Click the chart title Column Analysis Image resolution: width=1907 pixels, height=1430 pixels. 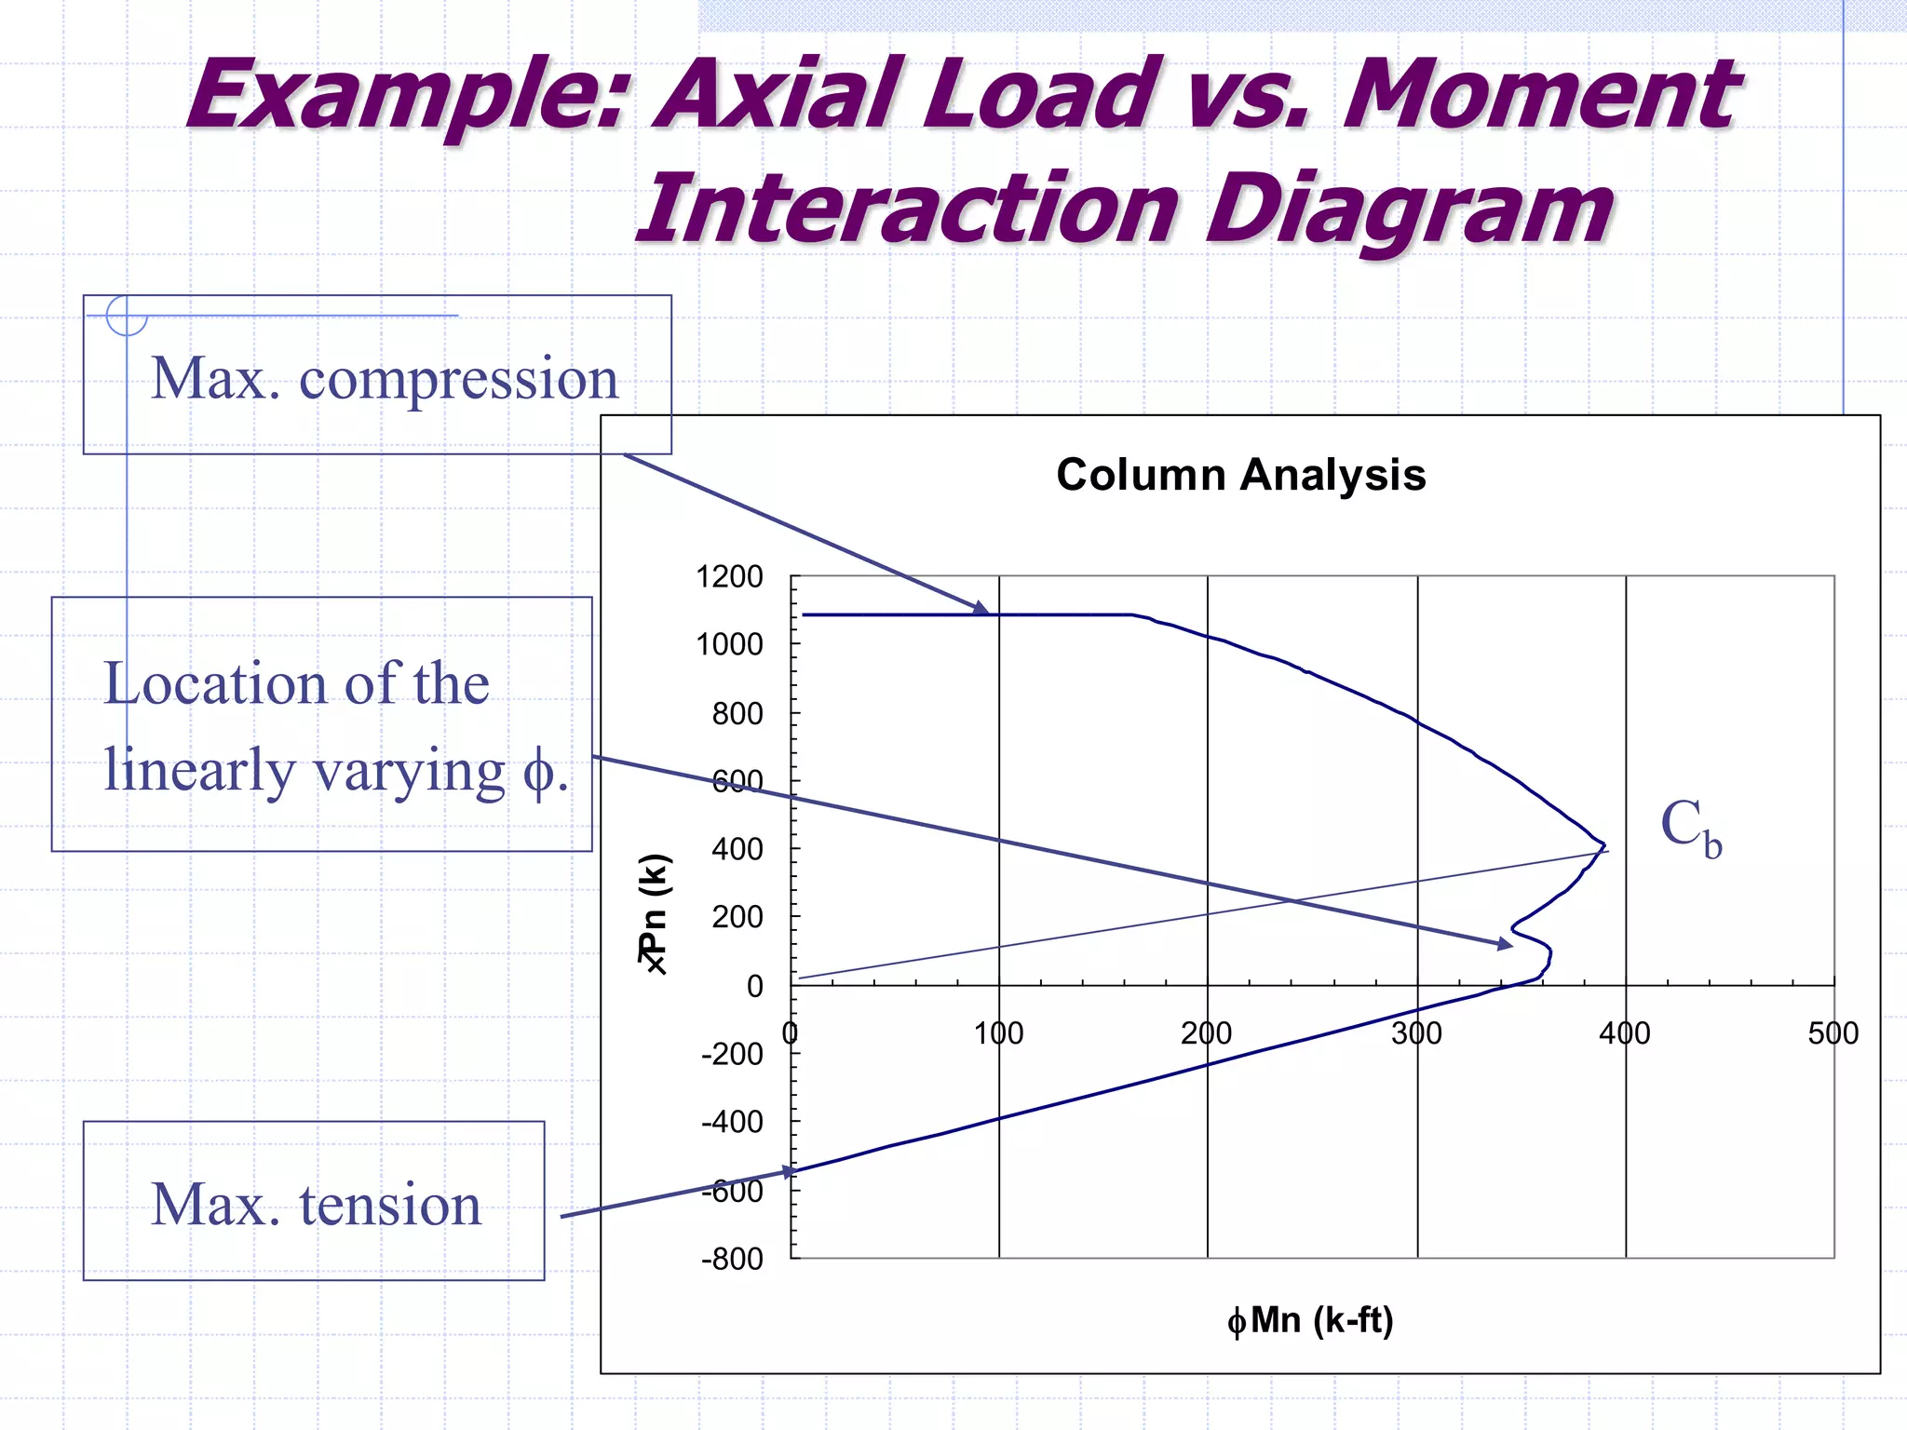click(x=1240, y=475)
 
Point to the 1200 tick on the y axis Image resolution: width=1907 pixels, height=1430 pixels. click(x=729, y=576)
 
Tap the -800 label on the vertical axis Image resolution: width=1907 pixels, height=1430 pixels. click(x=732, y=1259)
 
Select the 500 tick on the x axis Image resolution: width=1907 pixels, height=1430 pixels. click(x=1833, y=1033)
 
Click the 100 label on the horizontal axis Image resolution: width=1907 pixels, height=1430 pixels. click(x=998, y=1033)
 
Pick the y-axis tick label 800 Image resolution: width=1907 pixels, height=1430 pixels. click(x=737, y=713)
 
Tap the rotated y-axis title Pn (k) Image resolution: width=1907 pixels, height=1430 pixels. click(x=654, y=912)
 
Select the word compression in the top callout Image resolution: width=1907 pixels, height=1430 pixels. click(x=458, y=379)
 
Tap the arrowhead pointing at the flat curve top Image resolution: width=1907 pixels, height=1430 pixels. click(x=981, y=609)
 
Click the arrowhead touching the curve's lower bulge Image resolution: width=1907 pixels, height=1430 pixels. click(x=1504, y=944)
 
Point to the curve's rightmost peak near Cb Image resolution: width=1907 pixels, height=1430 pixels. click(x=1604, y=845)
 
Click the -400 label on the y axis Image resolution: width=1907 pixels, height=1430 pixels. click(x=732, y=1122)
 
